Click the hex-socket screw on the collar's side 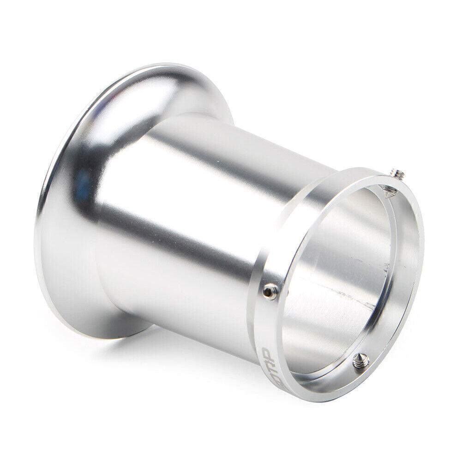pyautogui.click(x=270, y=291)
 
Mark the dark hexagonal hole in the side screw pyautogui.click(x=270, y=290)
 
